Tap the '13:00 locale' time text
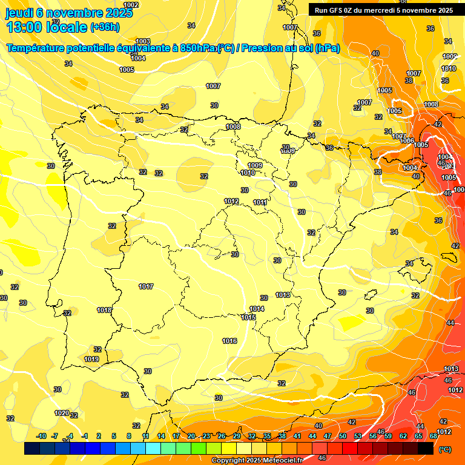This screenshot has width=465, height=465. coord(46,27)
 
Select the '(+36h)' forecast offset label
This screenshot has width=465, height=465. coord(105,27)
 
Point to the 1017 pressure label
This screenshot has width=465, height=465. coord(146,286)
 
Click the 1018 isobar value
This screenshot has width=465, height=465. coord(104,310)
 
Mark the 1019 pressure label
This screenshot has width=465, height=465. coord(91,359)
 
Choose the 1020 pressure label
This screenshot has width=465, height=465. coord(62,413)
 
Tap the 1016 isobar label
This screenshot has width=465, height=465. coord(229,341)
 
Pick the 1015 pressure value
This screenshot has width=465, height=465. coord(248,317)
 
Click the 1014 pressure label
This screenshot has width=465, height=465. coord(257,309)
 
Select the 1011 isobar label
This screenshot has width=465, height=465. coord(260,202)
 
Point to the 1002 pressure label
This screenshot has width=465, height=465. coord(131,5)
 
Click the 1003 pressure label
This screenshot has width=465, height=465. coord(143,41)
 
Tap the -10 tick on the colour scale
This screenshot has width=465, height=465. coord(41,436)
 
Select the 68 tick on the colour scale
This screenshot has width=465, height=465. coord(433,436)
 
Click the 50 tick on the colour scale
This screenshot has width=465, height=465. coord(343,436)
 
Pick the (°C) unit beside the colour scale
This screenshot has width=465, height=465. coord(445,449)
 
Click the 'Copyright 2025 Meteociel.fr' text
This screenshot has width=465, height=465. coord(257,460)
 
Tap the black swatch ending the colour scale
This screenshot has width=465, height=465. coord(426,449)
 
